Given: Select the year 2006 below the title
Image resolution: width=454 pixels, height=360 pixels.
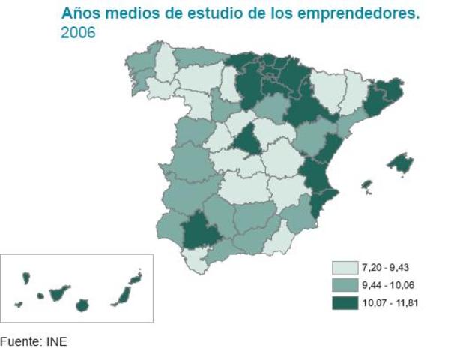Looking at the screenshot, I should pyautogui.click(x=78, y=33).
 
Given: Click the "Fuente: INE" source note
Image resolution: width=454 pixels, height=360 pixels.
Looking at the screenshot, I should pyautogui.click(x=34, y=342).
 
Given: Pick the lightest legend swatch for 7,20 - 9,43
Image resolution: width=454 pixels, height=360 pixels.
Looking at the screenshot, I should pyautogui.click(x=345, y=268).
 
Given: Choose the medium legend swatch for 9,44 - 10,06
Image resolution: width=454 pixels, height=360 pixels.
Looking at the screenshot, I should pyautogui.click(x=345, y=285).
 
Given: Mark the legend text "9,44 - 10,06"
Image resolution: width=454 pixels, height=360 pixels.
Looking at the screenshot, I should pyautogui.click(x=387, y=285).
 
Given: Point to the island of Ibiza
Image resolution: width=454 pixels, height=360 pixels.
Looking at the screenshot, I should pyautogui.click(x=366, y=184).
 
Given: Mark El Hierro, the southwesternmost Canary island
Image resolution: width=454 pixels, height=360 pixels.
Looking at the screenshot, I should pyautogui.click(x=19, y=304).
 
